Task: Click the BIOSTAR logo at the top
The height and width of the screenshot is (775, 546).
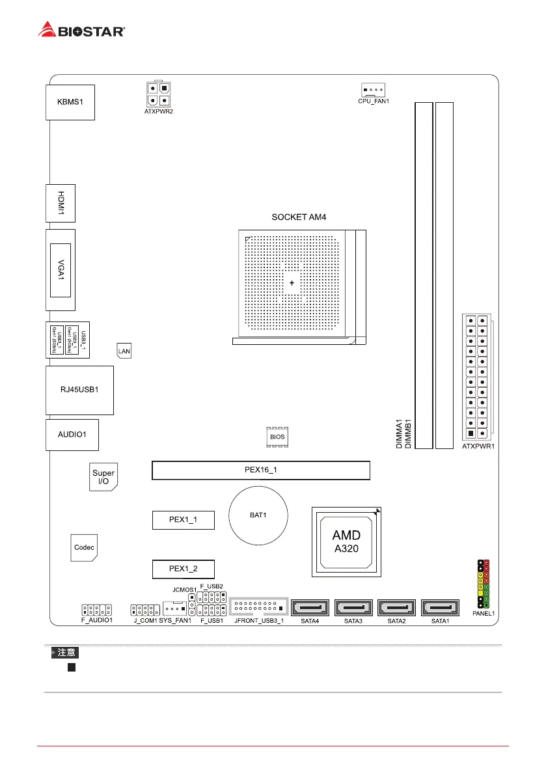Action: [82, 29]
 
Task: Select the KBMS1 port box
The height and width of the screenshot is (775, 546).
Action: [70, 102]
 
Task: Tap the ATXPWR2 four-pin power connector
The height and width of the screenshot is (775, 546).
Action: [157, 94]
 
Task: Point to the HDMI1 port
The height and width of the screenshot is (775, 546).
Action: [60, 203]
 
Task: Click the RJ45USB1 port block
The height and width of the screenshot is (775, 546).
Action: [79, 390]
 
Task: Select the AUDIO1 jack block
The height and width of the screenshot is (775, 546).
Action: [72, 435]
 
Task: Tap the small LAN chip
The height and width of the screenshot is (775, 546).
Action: [124, 351]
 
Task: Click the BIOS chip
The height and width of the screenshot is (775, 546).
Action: [277, 437]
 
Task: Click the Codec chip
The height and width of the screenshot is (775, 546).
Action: [84, 548]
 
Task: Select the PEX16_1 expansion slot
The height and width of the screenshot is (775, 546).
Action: [260, 470]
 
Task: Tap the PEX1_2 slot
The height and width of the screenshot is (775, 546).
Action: [183, 569]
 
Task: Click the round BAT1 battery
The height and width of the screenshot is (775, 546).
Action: [258, 515]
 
